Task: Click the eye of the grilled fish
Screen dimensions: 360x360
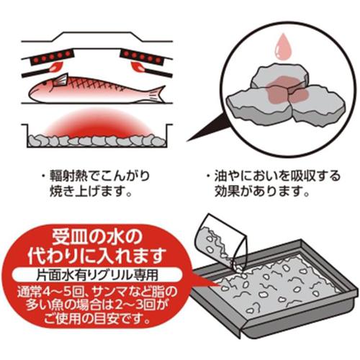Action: (45, 84)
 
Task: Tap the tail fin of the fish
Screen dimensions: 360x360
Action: (156, 94)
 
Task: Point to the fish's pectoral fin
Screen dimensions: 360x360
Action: (60, 80)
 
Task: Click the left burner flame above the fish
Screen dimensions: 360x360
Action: (55, 67)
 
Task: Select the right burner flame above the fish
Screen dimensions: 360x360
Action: (138, 67)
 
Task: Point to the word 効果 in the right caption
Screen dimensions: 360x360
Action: (228, 192)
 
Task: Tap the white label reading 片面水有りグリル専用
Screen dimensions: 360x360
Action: (97, 275)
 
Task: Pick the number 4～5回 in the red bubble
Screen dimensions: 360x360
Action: (58, 292)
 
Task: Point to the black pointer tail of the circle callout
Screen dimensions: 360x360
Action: (207, 127)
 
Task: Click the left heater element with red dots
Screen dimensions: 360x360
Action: (51, 57)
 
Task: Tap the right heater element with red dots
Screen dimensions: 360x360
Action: (143, 57)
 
